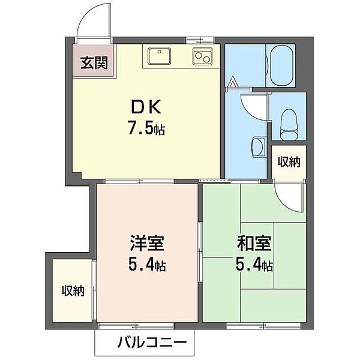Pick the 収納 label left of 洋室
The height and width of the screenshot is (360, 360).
(x=73, y=292)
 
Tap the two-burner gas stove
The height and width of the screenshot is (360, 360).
(x=202, y=56)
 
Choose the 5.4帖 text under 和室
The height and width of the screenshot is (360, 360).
(x=256, y=265)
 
